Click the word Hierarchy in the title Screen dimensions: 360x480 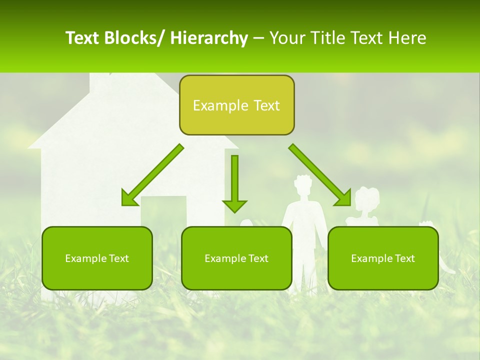point(209,38)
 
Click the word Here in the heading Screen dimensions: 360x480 point(407,38)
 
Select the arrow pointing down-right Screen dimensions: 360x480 point(320,175)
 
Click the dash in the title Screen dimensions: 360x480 point(258,38)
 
